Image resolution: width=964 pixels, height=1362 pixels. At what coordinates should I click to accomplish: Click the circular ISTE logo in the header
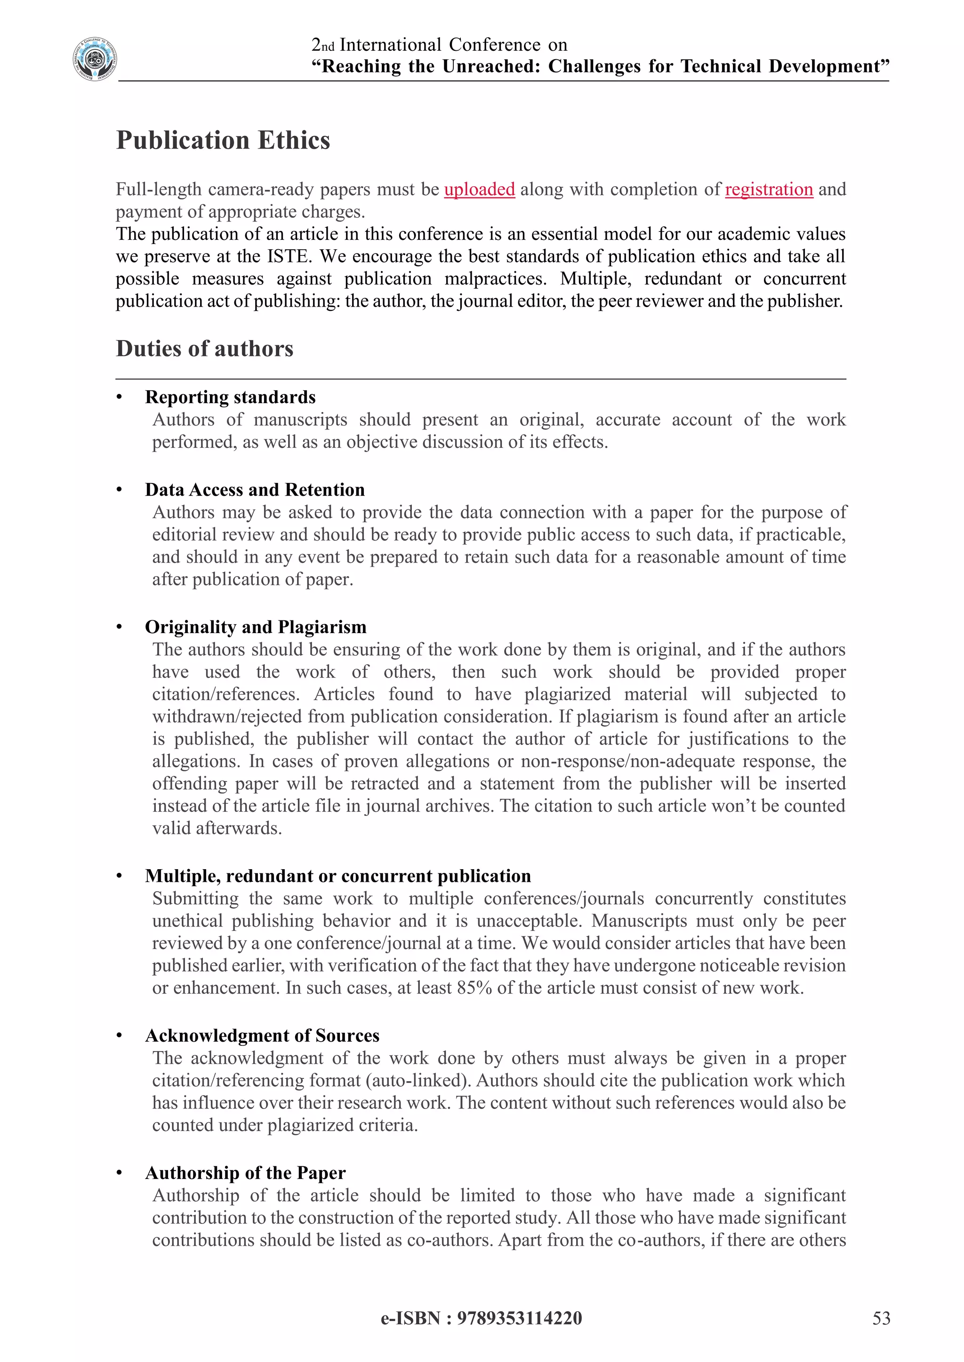pyautogui.click(x=95, y=59)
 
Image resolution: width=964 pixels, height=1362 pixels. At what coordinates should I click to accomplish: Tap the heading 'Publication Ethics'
pyautogui.click(x=223, y=141)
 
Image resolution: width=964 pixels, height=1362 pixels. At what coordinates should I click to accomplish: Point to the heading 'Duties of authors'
pyautogui.click(x=204, y=349)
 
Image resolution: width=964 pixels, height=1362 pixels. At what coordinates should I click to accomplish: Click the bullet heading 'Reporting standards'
pyautogui.click(x=230, y=397)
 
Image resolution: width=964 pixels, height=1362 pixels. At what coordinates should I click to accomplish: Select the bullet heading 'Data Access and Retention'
pyautogui.click(x=255, y=490)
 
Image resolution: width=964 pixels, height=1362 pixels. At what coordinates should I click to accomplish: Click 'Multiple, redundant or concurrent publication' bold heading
pyautogui.click(x=338, y=876)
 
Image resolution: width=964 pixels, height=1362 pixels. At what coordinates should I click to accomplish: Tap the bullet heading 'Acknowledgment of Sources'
pyautogui.click(x=262, y=1036)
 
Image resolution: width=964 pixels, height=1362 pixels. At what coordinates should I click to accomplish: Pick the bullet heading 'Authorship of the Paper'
pyautogui.click(x=245, y=1173)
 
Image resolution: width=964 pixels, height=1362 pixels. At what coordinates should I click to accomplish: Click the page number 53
pyautogui.click(x=881, y=1318)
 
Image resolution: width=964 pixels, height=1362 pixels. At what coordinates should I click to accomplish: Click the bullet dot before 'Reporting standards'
pyautogui.click(x=119, y=397)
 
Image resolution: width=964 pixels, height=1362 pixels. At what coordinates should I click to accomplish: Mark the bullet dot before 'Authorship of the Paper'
pyautogui.click(x=119, y=1173)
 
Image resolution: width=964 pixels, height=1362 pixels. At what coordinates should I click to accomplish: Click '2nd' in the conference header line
pyautogui.click(x=323, y=45)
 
